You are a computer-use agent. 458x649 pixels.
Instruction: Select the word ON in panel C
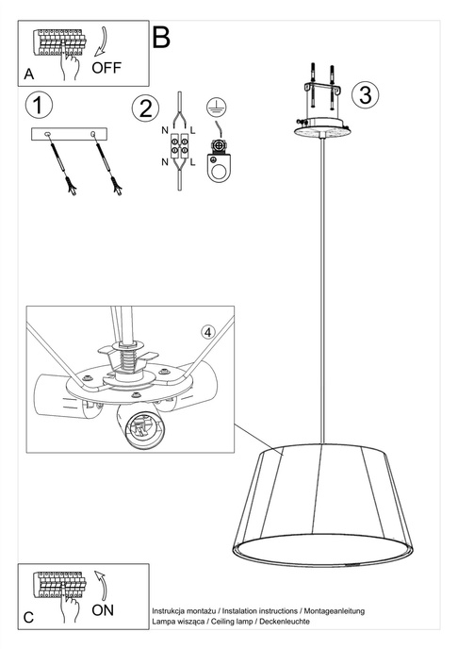pos(104,610)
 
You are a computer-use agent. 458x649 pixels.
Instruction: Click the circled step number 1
pos(39,104)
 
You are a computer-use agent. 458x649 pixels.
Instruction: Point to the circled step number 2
pos(144,108)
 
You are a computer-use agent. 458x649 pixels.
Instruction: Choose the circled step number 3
pos(367,94)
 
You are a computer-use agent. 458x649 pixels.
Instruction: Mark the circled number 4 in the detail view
pos(208,331)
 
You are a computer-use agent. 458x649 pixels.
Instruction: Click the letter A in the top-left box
pos(31,74)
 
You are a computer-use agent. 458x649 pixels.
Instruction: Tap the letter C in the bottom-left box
pos(28,618)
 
